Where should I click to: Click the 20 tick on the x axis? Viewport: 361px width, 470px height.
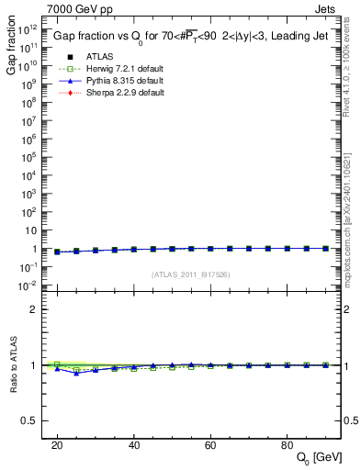(x=57, y=445)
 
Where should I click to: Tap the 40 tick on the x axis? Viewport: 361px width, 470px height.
(x=133, y=445)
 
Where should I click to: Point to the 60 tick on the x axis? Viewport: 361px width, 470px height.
(x=210, y=445)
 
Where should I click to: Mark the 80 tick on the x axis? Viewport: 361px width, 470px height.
(x=287, y=445)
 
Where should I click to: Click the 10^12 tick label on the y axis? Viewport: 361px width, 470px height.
(x=26, y=28)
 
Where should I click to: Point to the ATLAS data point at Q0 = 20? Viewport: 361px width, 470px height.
(x=57, y=252)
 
